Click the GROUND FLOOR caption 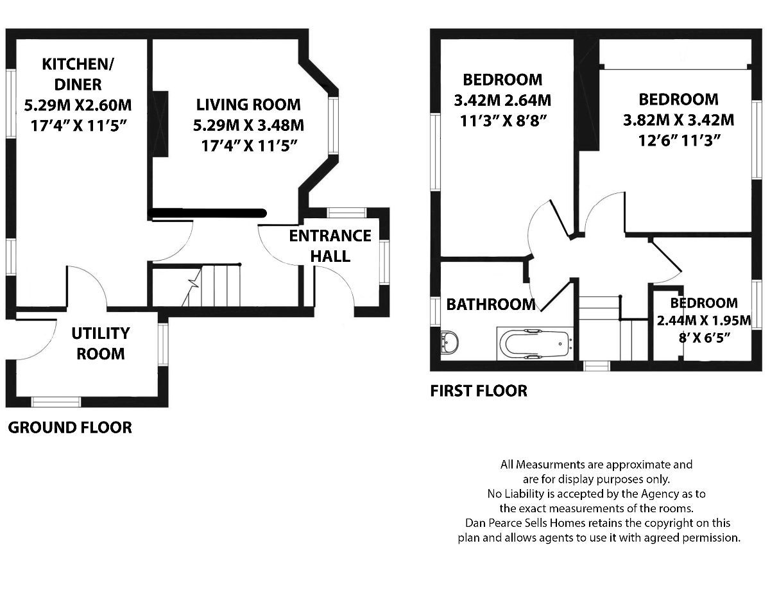[x=70, y=427]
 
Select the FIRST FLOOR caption [x=479, y=390]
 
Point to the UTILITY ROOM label [x=100, y=343]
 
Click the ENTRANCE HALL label [x=330, y=246]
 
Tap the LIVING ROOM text [x=248, y=104]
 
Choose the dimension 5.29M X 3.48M [x=248, y=125]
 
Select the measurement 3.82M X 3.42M [x=678, y=120]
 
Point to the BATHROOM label [x=491, y=304]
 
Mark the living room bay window [x=333, y=126]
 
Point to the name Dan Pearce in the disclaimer [x=491, y=523]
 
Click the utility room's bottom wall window [x=56, y=402]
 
